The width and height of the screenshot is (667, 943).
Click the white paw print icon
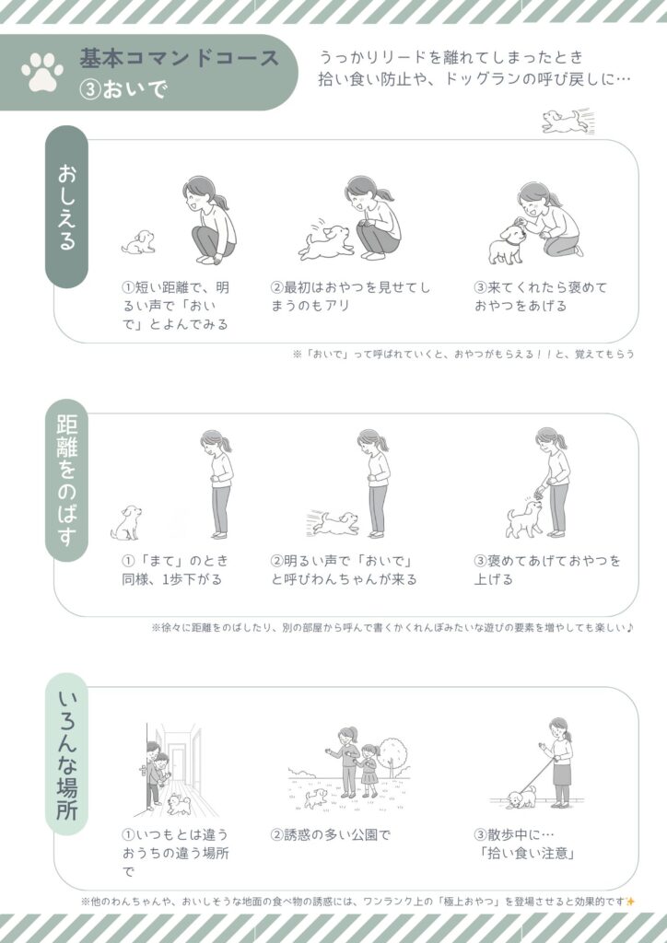(42, 72)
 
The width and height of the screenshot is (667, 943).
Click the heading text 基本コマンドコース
(180, 58)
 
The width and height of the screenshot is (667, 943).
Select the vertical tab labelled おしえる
(66, 206)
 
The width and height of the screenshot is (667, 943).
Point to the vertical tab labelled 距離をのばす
(66, 480)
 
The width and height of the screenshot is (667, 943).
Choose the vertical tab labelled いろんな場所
(66, 754)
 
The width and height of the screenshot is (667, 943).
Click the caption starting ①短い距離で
(176, 306)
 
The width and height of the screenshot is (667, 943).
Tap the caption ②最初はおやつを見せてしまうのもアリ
(350, 297)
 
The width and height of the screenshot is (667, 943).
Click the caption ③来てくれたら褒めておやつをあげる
(541, 297)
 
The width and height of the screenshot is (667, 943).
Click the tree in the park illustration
(395, 757)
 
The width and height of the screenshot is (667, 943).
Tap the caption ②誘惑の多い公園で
(330, 834)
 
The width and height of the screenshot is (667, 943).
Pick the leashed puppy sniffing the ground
(521, 798)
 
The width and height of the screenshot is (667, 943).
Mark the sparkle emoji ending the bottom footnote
(630, 901)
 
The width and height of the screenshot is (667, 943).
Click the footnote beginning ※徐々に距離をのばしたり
(393, 628)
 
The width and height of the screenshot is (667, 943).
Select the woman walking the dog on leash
(557, 762)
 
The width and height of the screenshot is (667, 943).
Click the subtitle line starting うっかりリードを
(451, 57)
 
